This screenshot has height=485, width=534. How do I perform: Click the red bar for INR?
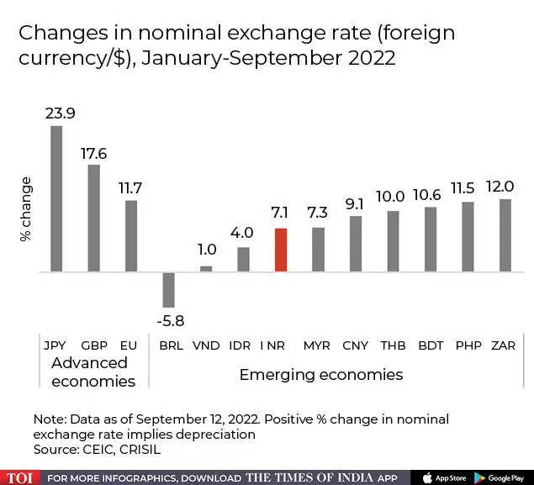281,250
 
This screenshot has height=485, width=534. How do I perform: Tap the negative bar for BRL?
168,289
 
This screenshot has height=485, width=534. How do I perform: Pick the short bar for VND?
206,269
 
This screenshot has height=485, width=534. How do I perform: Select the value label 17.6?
94,153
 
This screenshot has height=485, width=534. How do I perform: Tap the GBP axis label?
94,345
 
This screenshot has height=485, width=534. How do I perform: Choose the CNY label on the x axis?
356,345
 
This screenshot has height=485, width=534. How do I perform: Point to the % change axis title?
26,209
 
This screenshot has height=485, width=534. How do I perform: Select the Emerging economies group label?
321,374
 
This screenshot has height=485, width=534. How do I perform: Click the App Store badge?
442,477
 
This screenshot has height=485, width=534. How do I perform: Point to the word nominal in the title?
185,34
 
